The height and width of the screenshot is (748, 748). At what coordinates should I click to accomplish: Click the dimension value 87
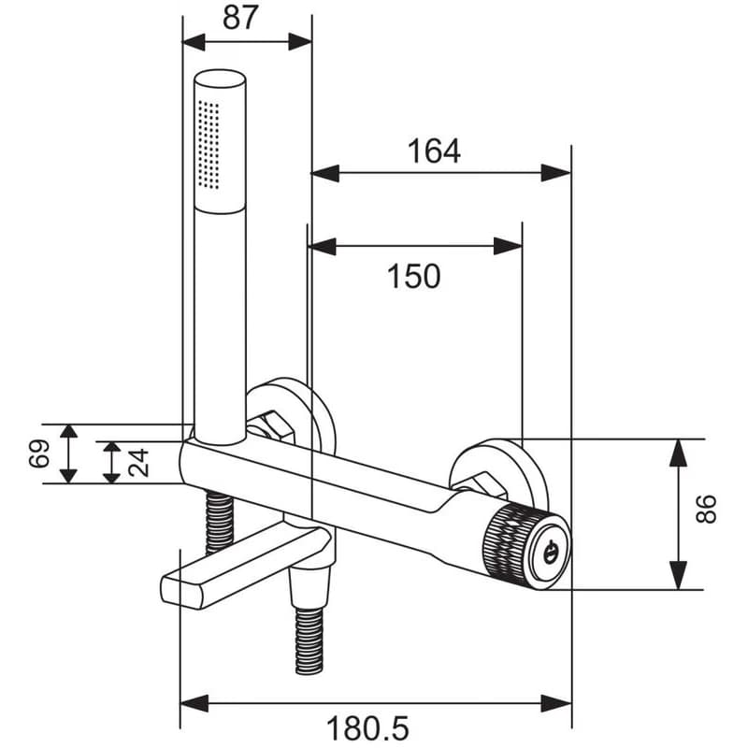(240, 18)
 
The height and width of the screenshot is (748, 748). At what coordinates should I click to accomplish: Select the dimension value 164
(434, 151)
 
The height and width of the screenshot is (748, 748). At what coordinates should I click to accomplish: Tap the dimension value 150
(413, 276)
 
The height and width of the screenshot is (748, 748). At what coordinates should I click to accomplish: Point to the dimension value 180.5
(367, 728)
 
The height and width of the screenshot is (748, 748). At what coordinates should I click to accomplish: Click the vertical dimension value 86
(706, 509)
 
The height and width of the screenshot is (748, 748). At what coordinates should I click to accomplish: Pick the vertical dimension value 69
(39, 453)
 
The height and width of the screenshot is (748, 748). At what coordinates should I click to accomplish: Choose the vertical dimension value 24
(138, 463)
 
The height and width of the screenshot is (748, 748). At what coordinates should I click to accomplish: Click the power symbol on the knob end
(550, 552)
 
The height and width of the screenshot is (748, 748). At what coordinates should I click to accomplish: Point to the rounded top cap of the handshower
(220, 79)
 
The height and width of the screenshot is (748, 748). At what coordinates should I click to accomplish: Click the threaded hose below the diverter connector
(309, 640)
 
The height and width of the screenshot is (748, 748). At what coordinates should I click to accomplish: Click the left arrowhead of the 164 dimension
(324, 173)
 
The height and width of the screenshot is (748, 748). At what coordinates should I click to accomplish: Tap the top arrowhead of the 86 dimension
(678, 453)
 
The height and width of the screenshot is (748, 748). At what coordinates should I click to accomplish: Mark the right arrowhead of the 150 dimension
(509, 246)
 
